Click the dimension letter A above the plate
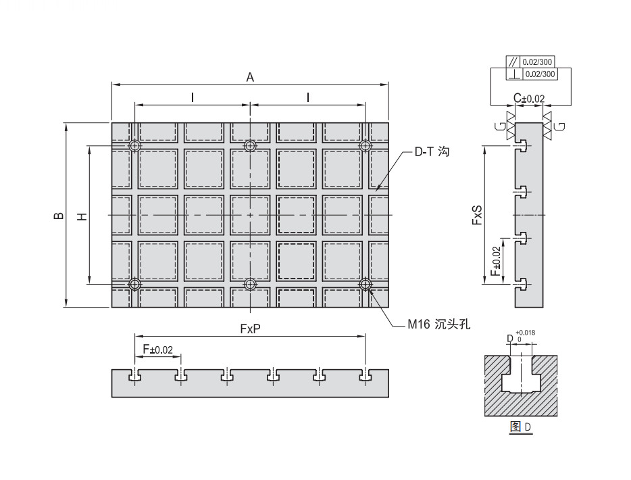[x=250, y=78]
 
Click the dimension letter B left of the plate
[x=59, y=216]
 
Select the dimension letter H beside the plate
[x=82, y=216]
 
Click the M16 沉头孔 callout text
[x=438, y=325]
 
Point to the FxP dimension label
[x=251, y=328]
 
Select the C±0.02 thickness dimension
[x=528, y=99]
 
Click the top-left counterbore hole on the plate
[x=136, y=145]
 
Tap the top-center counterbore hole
[x=250, y=145]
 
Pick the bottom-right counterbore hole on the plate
[x=365, y=285]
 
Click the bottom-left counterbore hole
[x=136, y=285]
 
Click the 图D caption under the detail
[x=520, y=427]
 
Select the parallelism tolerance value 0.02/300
[x=538, y=62]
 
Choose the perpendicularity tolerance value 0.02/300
[x=538, y=73]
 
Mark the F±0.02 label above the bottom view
[x=158, y=350]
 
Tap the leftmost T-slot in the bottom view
[x=135, y=375]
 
